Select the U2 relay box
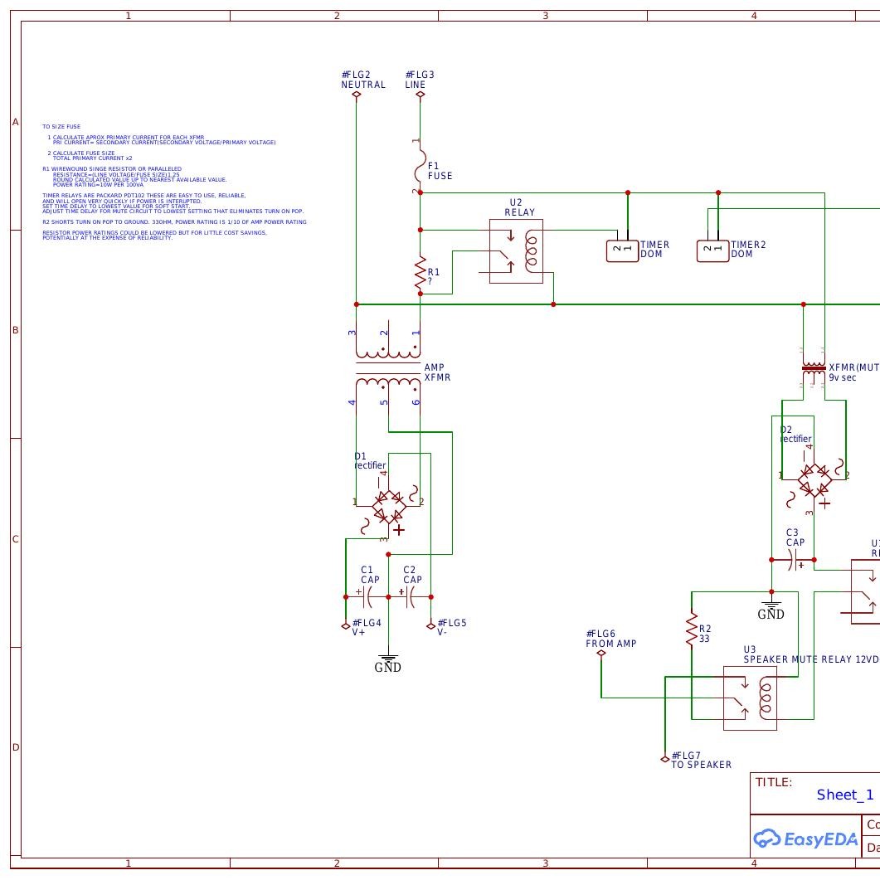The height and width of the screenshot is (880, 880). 516,251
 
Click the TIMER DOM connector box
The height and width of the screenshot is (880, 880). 622,250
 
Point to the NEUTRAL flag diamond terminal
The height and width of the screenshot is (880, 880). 357,95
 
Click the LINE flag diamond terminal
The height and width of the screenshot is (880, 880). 421,95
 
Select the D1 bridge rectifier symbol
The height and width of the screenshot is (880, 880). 388,505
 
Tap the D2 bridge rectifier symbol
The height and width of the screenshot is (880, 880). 814,479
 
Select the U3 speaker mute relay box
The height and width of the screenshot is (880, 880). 750,698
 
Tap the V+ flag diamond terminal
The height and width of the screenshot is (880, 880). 346,626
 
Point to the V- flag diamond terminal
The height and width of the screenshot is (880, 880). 431,626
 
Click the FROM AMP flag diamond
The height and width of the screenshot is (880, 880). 601,653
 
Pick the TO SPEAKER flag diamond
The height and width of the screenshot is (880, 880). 664,759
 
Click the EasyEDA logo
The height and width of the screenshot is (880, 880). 804,839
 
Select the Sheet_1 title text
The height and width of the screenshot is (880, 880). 844,795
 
